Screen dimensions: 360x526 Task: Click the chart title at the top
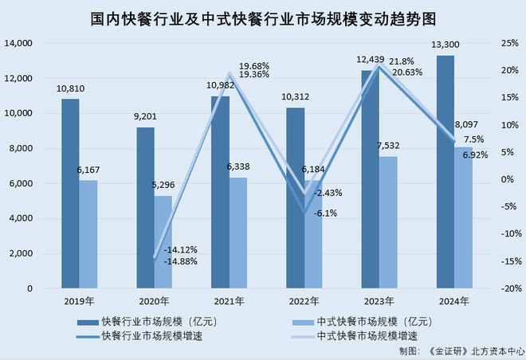coord(263,17)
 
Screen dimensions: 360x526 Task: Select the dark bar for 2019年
coord(70,191)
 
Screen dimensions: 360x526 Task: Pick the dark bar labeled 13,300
coord(446,171)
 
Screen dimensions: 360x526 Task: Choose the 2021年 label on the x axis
coord(230,300)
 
